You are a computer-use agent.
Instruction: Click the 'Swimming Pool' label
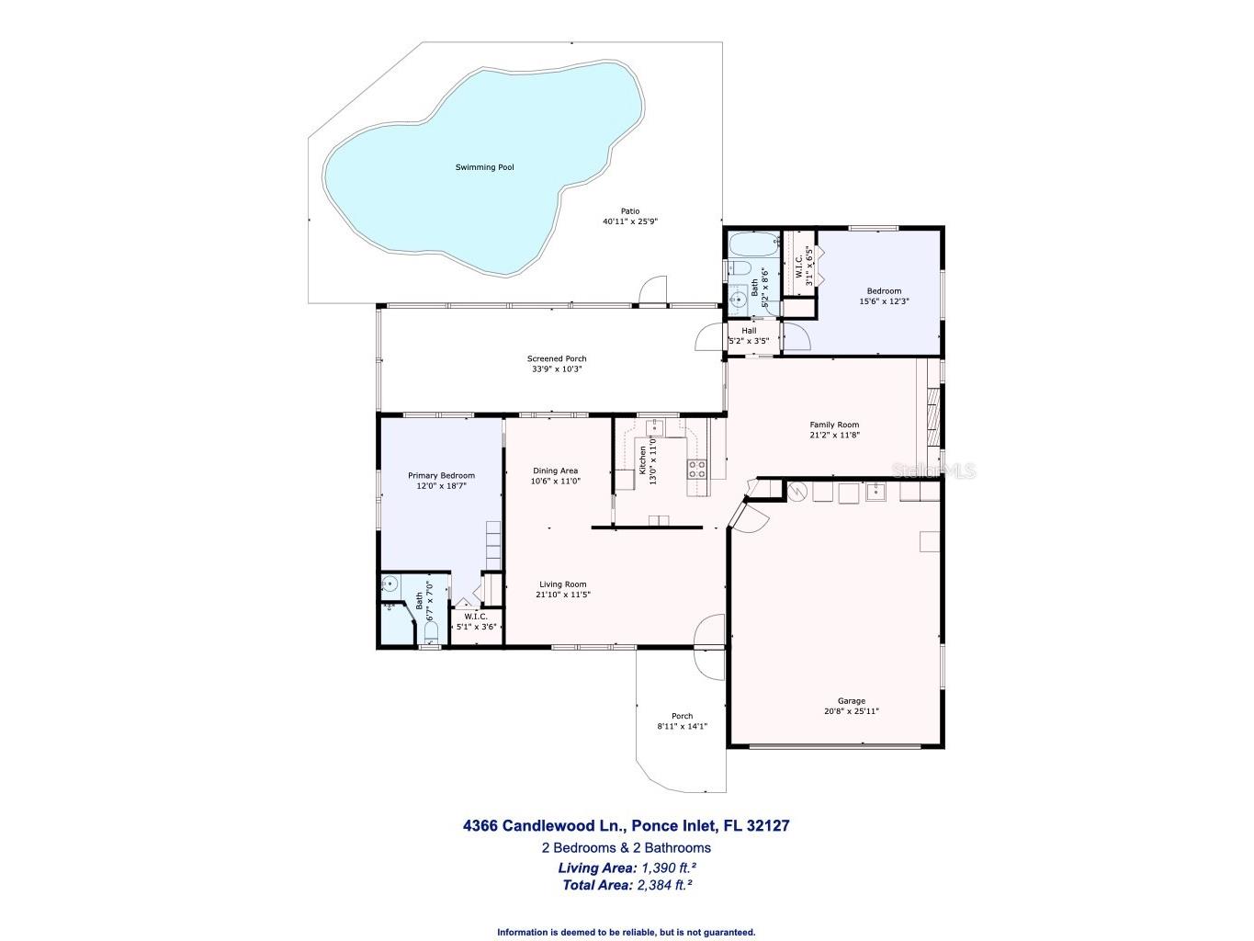click(x=484, y=167)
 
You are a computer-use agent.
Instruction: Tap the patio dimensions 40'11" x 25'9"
click(x=629, y=221)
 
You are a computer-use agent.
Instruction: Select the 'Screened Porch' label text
click(x=556, y=358)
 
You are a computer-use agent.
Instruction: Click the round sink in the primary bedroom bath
click(x=390, y=583)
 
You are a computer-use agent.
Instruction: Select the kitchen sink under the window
click(x=655, y=427)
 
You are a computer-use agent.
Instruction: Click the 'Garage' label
click(x=851, y=701)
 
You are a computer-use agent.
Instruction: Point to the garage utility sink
click(x=875, y=493)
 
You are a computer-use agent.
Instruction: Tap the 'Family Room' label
click(x=834, y=425)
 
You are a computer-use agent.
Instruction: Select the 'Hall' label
click(x=749, y=331)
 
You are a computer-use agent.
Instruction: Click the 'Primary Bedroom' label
click(x=441, y=475)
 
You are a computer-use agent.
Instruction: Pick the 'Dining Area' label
click(x=555, y=470)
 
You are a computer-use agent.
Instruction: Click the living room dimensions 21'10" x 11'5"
click(x=562, y=595)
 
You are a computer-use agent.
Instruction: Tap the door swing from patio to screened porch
click(x=652, y=290)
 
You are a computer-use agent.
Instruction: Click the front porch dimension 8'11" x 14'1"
click(x=682, y=726)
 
